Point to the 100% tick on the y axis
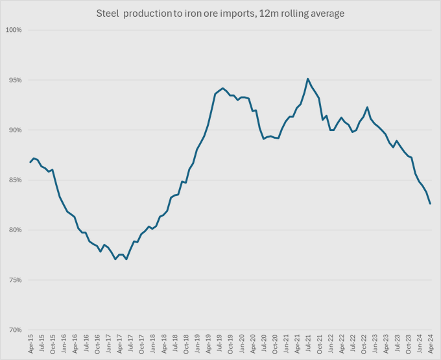point(14,30)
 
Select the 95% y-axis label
point(14,80)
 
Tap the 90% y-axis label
point(14,130)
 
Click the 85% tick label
point(14,180)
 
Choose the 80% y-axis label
point(14,230)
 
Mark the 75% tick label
point(14,280)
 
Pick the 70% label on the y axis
point(14,330)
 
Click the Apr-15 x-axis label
point(30,344)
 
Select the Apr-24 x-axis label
point(431,344)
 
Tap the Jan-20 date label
point(241,344)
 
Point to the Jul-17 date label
point(130,344)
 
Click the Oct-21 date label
point(320,344)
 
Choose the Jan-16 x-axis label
point(64,344)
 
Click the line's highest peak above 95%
point(307,78)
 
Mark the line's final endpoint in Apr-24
point(431,204)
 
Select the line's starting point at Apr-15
point(30,162)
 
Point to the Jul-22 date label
point(353,344)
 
